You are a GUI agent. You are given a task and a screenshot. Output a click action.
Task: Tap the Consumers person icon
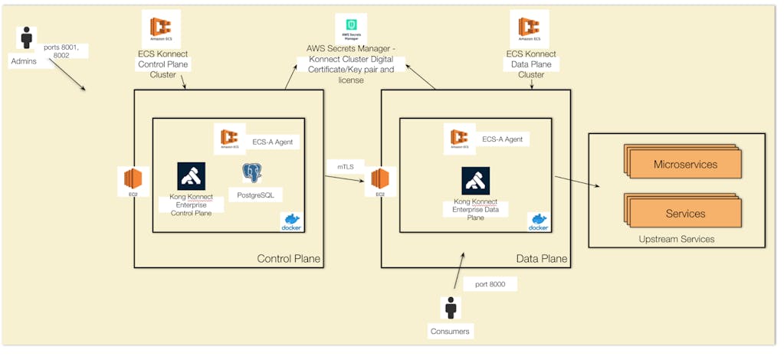click(x=451, y=308)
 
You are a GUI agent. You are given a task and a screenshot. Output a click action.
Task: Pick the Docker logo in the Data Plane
click(x=539, y=222)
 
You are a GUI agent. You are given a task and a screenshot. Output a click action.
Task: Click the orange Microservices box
click(x=685, y=165)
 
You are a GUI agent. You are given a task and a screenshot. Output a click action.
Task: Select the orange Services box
click(x=685, y=214)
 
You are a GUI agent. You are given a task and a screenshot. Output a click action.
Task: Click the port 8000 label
click(x=490, y=285)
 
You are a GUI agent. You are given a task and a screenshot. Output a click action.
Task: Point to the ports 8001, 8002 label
click(x=66, y=51)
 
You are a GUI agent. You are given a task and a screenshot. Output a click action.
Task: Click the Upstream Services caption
click(x=677, y=239)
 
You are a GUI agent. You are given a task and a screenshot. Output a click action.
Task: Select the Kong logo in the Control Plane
click(x=191, y=176)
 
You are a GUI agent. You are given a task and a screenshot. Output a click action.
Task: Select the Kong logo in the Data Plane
click(x=475, y=181)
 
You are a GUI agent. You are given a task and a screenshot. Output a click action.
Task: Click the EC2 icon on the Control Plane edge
click(x=133, y=182)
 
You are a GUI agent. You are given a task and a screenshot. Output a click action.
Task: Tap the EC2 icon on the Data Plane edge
click(x=380, y=182)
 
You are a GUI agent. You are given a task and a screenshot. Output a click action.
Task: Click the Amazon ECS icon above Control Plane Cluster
click(x=161, y=28)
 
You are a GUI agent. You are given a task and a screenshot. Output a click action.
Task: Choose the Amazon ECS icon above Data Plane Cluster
click(x=530, y=28)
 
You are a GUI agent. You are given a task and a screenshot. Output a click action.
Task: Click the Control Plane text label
click(x=288, y=260)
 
